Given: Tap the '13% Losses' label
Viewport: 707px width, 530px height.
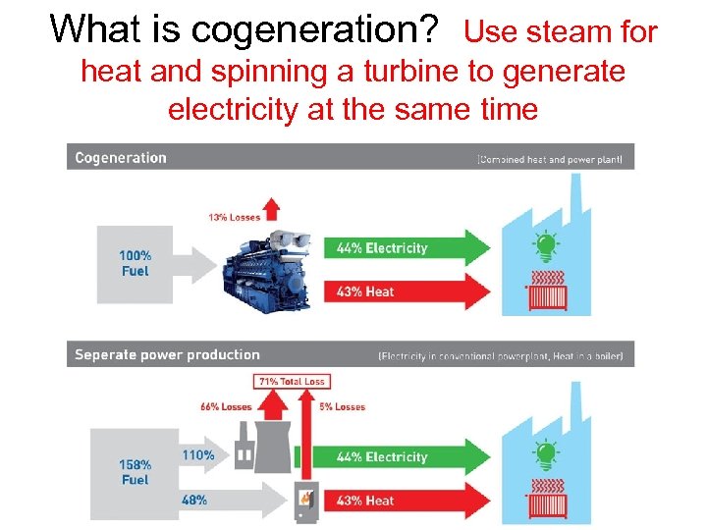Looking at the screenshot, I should [x=233, y=217].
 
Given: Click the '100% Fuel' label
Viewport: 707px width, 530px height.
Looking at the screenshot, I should [x=135, y=263].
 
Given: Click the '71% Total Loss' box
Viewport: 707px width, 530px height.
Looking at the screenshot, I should [x=292, y=381].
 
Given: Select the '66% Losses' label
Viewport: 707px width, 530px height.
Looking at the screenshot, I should [x=227, y=406].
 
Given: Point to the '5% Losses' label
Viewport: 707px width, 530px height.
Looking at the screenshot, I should [x=342, y=406].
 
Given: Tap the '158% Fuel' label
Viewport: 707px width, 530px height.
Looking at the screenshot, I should [x=135, y=472].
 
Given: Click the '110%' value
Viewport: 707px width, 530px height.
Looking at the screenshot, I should [x=197, y=456].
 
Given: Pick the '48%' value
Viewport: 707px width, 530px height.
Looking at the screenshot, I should [x=194, y=500].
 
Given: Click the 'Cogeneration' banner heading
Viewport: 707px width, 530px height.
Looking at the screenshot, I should [x=121, y=157].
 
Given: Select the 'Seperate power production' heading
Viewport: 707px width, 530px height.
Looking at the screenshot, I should [x=167, y=354].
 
